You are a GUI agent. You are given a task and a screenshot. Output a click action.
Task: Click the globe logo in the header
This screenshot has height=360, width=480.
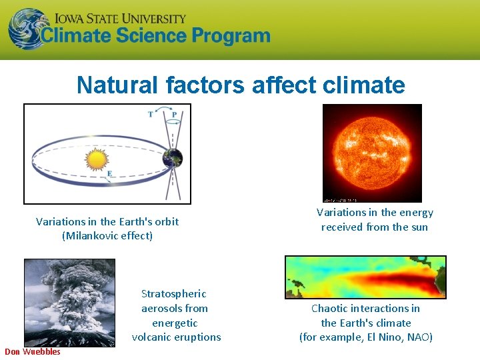coord(29,29)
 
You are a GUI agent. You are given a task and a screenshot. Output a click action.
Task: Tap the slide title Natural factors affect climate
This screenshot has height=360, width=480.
coord(240,85)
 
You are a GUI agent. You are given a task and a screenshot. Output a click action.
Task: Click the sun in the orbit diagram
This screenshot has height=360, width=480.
coord(97,159)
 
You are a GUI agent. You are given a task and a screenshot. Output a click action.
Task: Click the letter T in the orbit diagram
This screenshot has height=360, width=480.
coord(150,114)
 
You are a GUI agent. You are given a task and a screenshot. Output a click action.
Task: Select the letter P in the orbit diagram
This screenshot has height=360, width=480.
coord(174,114)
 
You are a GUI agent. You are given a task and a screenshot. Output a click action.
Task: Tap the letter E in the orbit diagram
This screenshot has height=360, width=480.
coord(109,174)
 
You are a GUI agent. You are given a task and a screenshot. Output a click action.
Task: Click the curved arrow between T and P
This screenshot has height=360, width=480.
coord(162,109)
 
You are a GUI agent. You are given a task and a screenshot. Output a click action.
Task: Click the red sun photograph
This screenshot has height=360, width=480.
coord(372,153)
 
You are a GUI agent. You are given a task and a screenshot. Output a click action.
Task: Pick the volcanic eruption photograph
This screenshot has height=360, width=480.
coord(59,302)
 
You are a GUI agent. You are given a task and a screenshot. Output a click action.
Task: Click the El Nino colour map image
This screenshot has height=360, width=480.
coord(365,277)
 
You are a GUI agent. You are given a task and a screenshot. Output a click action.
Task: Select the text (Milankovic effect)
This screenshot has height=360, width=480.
coord(107,236)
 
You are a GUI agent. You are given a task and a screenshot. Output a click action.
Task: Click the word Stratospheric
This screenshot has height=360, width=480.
coord(174,294)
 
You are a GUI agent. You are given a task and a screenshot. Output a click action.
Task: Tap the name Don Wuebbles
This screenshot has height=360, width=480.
coord(33,352)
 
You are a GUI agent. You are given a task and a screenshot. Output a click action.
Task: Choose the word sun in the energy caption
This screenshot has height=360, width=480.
coord(418,227)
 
